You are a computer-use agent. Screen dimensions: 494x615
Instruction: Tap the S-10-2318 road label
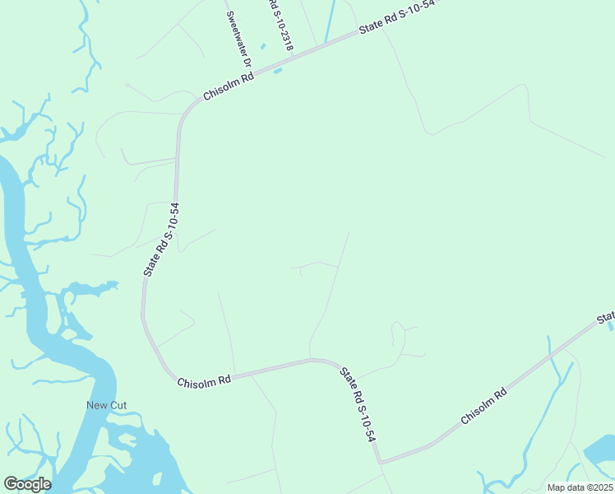click(x=280, y=25)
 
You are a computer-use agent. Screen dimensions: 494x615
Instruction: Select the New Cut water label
click(x=107, y=405)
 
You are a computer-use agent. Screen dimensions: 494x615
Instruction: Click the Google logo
click(x=27, y=484)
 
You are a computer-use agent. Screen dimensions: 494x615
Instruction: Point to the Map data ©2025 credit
click(x=580, y=487)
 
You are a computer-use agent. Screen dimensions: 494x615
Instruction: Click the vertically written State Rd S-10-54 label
click(x=160, y=239)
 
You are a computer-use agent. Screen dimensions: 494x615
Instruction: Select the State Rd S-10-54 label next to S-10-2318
click(x=396, y=18)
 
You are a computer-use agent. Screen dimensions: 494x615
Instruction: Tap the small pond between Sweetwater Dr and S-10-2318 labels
click(x=263, y=46)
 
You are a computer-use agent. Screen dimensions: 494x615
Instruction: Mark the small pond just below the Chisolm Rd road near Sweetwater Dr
click(x=278, y=71)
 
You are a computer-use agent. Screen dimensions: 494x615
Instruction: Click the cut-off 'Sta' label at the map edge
click(x=606, y=318)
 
